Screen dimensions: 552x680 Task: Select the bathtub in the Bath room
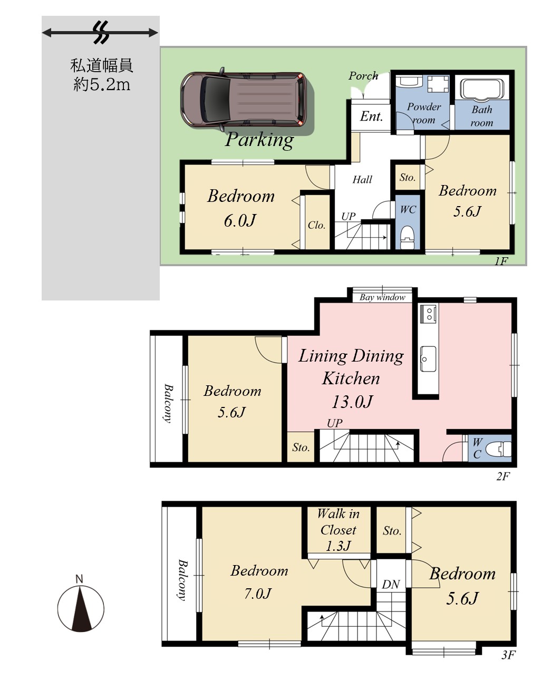point(481,89)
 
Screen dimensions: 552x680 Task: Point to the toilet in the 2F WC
point(498,450)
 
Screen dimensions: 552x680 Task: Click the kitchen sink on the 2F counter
point(428,359)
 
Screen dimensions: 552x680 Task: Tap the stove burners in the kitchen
point(429,313)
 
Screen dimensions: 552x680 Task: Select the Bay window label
point(382,297)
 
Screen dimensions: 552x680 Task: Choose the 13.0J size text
point(352,401)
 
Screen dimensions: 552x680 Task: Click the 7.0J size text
point(258,594)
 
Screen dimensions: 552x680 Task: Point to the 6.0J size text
point(240,220)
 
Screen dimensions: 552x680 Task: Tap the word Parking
point(259,140)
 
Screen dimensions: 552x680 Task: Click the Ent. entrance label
point(371,116)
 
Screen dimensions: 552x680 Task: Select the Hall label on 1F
point(362,179)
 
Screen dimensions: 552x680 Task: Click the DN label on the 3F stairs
point(391,584)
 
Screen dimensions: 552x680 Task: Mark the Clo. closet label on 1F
point(316,225)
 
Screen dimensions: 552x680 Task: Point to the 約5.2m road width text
point(102,84)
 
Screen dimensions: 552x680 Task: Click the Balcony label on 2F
point(168,404)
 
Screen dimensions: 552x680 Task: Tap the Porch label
point(363,76)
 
